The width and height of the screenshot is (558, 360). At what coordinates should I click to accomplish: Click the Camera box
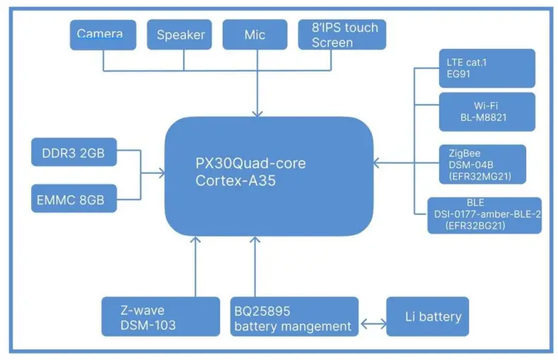[105, 34]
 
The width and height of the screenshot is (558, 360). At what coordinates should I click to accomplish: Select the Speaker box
[180, 34]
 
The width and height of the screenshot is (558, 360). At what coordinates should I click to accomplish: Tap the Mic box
[255, 34]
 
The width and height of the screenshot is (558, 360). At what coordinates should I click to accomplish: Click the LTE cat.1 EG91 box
[487, 68]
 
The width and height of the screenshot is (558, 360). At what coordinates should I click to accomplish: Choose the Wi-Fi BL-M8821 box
[487, 111]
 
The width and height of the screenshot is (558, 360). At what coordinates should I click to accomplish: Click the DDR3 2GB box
[74, 153]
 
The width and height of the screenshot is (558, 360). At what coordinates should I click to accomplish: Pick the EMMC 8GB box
[74, 199]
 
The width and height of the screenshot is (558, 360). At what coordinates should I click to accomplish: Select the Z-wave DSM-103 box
[161, 316]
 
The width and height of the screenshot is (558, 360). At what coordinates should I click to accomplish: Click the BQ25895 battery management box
[294, 316]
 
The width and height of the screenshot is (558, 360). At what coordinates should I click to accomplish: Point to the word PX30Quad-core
[250, 163]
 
